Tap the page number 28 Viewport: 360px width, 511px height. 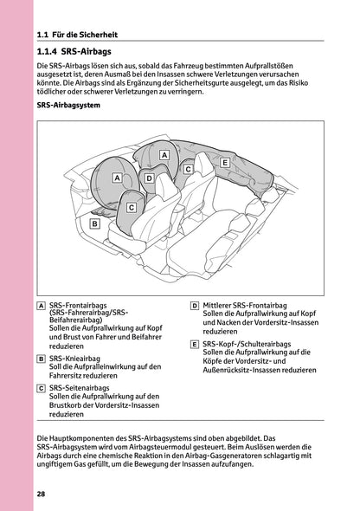click(x=42, y=494)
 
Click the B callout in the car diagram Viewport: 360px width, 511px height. click(x=94, y=223)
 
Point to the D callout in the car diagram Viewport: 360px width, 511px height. click(x=150, y=178)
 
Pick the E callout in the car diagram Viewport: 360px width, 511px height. click(x=225, y=162)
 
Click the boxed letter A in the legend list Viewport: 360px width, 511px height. click(x=42, y=307)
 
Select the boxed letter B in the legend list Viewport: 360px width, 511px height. click(x=42, y=358)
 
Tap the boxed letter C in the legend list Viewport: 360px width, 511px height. click(x=42, y=387)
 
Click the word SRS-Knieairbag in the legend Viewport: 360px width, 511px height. click(x=78, y=358)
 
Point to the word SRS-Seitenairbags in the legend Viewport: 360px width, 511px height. click(x=83, y=387)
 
